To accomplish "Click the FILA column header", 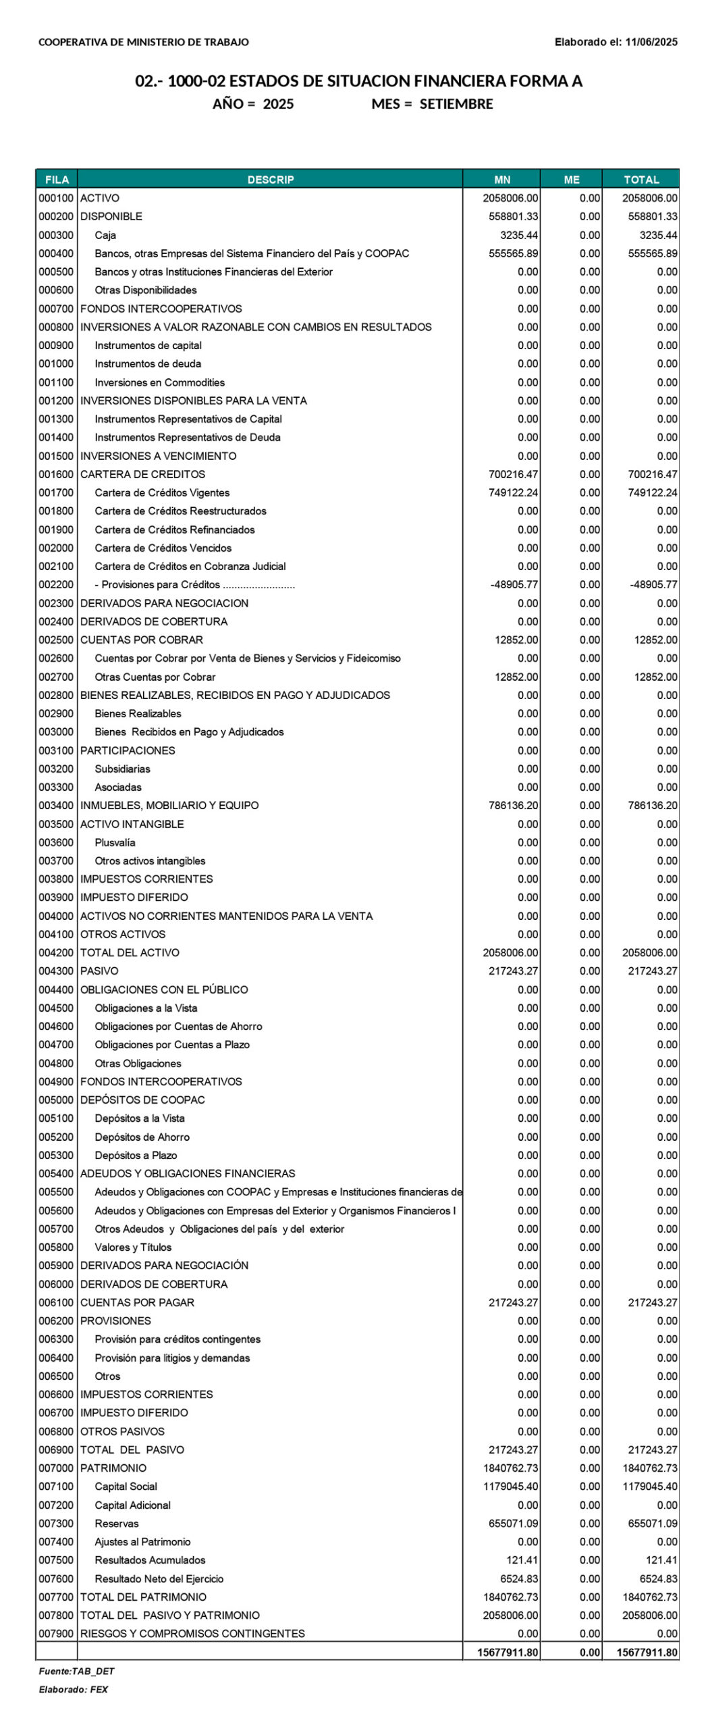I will pyautogui.click(x=57, y=180).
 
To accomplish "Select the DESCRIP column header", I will pyautogui.click(x=270, y=180).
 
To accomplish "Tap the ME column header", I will pyautogui.click(x=571, y=180).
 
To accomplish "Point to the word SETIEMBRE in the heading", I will pyautogui.click(x=456, y=104).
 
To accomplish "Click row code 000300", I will pyautogui.click(x=56, y=235).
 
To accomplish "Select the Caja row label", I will pyautogui.click(x=105, y=235).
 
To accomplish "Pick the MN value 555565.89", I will pyautogui.click(x=513, y=253).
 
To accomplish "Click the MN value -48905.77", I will pyautogui.click(x=514, y=585).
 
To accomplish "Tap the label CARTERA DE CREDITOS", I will pyautogui.click(x=142, y=474).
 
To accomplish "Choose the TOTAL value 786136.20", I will pyautogui.click(x=652, y=805).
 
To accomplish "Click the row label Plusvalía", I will pyautogui.click(x=115, y=842).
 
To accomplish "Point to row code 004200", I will pyautogui.click(x=56, y=952).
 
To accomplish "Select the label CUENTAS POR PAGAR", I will pyautogui.click(x=137, y=1302).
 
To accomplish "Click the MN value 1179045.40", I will pyautogui.click(x=510, y=1486).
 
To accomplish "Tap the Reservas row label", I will pyautogui.click(x=117, y=1523).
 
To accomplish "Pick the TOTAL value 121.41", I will pyautogui.click(x=661, y=1559).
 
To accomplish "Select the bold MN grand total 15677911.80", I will pyautogui.click(x=508, y=1652).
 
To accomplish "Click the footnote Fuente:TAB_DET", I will pyautogui.click(x=76, y=1671).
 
